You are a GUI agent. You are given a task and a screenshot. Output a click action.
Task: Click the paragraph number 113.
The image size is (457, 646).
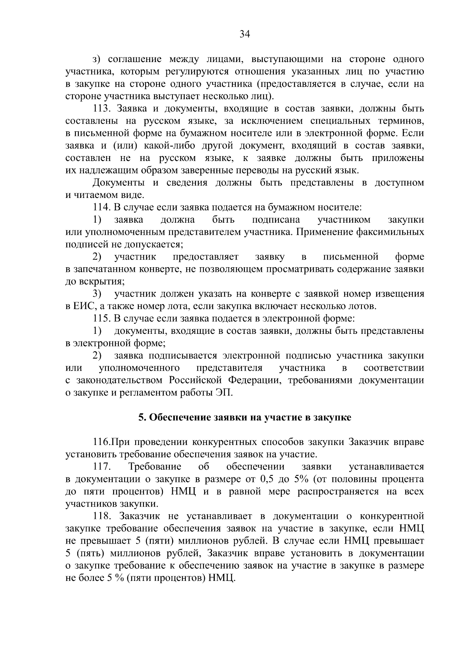pyautogui.click(x=101, y=109)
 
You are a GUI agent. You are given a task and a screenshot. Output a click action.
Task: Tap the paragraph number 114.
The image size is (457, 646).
pyautogui.click(x=101, y=207)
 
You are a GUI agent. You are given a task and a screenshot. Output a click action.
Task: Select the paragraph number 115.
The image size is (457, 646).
pyautogui.click(x=101, y=318)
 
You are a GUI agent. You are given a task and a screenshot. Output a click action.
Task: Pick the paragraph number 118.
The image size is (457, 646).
pyautogui.click(x=101, y=516)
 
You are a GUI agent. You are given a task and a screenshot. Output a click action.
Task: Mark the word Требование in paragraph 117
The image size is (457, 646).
pyautogui.click(x=155, y=467)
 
